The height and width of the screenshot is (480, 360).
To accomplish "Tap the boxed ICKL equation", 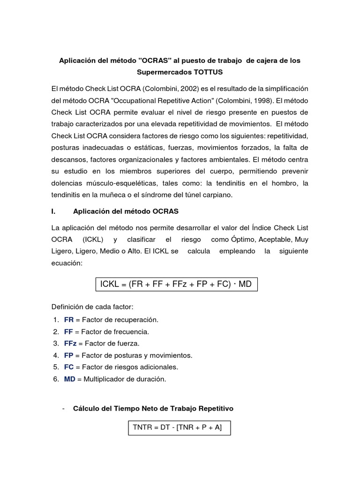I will (x=176, y=284).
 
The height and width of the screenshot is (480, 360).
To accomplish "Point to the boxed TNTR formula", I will (x=179, y=427).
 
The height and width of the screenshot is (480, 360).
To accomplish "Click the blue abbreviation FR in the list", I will (x=68, y=320).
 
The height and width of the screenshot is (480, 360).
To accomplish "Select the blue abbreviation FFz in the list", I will (x=70, y=343).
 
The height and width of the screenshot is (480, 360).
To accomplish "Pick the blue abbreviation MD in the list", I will (x=69, y=379).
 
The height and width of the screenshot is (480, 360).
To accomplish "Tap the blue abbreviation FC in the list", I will (x=69, y=367).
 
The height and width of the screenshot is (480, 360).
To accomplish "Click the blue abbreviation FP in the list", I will (x=68, y=355).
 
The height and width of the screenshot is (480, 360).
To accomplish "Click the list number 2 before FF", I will (x=55, y=331).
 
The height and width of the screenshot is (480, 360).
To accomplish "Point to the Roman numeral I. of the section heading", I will (x=53, y=211).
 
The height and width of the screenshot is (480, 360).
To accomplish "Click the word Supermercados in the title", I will (x=161, y=73).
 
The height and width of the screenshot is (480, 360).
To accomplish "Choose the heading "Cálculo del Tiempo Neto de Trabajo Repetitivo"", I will (x=153, y=408).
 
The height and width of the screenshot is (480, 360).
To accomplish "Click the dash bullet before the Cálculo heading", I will (x=63, y=408).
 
